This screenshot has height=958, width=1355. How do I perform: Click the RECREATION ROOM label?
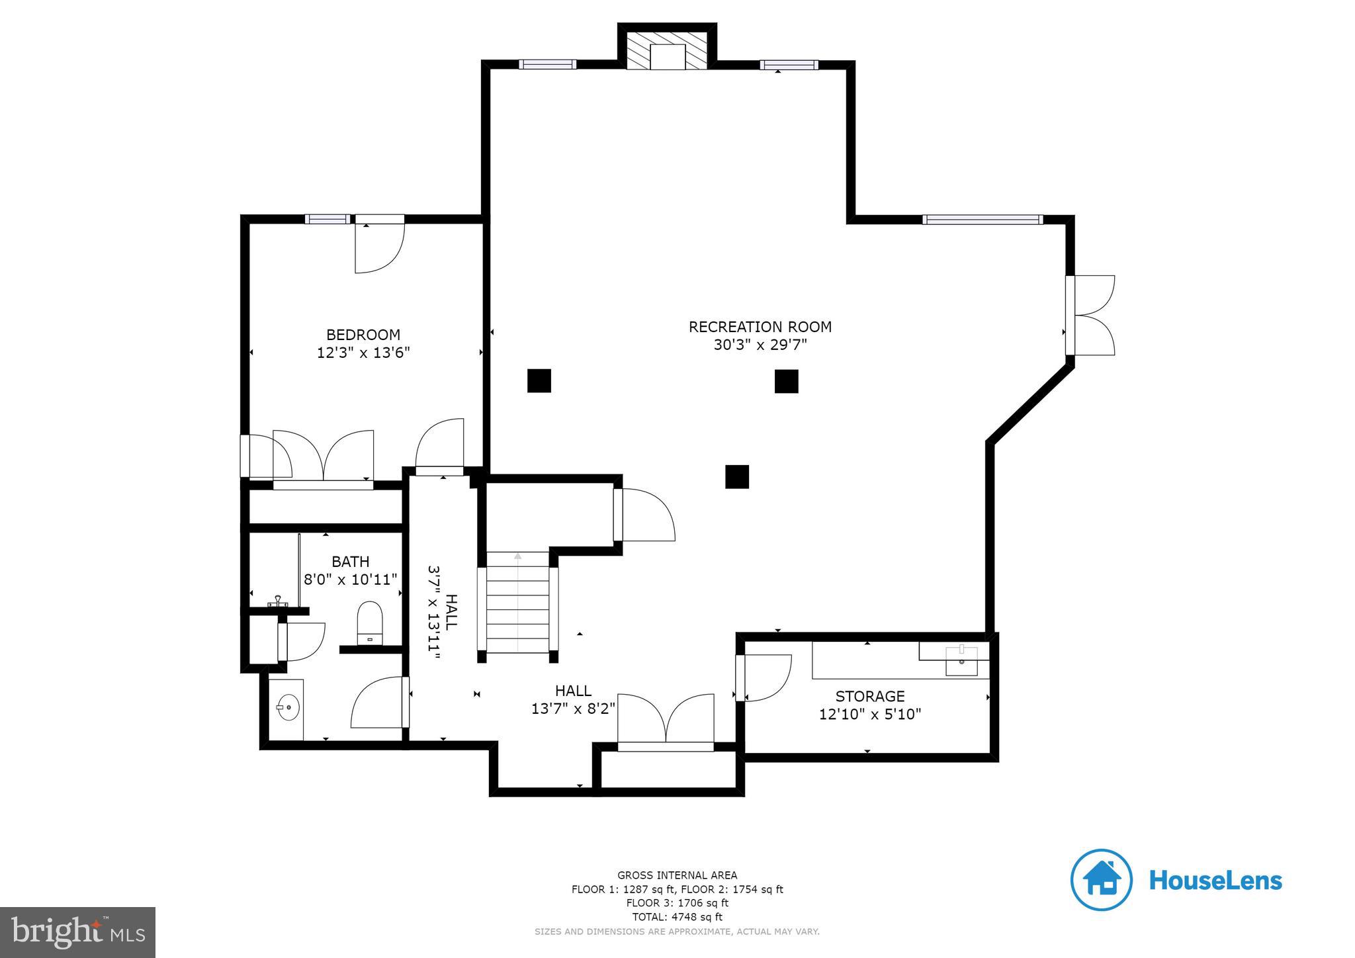[x=760, y=327]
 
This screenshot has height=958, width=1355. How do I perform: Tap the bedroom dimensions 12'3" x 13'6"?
[x=363, y=353]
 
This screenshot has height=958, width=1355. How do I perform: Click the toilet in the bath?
[x=370, y=623]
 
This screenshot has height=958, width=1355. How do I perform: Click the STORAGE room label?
[x=869, y=696]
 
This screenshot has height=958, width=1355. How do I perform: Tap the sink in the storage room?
[x=961, y=661]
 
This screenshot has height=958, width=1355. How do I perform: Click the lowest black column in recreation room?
[x=736, y=476]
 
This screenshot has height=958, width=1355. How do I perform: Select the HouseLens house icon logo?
[x=1101, y=880]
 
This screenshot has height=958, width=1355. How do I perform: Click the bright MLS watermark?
[x=77, y=932]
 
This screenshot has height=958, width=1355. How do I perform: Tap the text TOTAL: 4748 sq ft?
[x=677, y=917]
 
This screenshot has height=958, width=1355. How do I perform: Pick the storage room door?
[x=764, y=677]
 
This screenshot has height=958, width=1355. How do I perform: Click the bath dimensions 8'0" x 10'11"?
[x=350, y=580]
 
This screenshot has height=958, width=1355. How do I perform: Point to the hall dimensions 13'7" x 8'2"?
[x=573, y=709]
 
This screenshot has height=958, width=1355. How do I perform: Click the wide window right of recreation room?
[x=982, y=220]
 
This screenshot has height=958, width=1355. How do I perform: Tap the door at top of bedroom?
[x=379, y=245]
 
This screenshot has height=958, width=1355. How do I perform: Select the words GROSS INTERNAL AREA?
[x=677, y=875]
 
